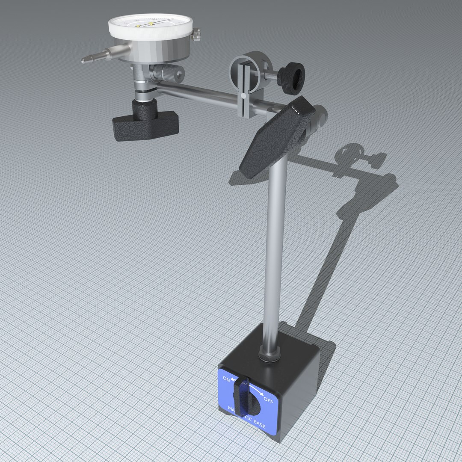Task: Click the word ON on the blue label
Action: pyautogui.click(x=225, y=379)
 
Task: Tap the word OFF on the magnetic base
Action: pyautogui.click(x=268, y=401)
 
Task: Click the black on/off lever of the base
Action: pyautogui.click(x=242, y=397)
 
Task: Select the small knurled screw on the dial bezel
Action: pyautogui.click(x=196, y=35)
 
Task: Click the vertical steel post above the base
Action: pyautogui.click(x=274, y=240)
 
